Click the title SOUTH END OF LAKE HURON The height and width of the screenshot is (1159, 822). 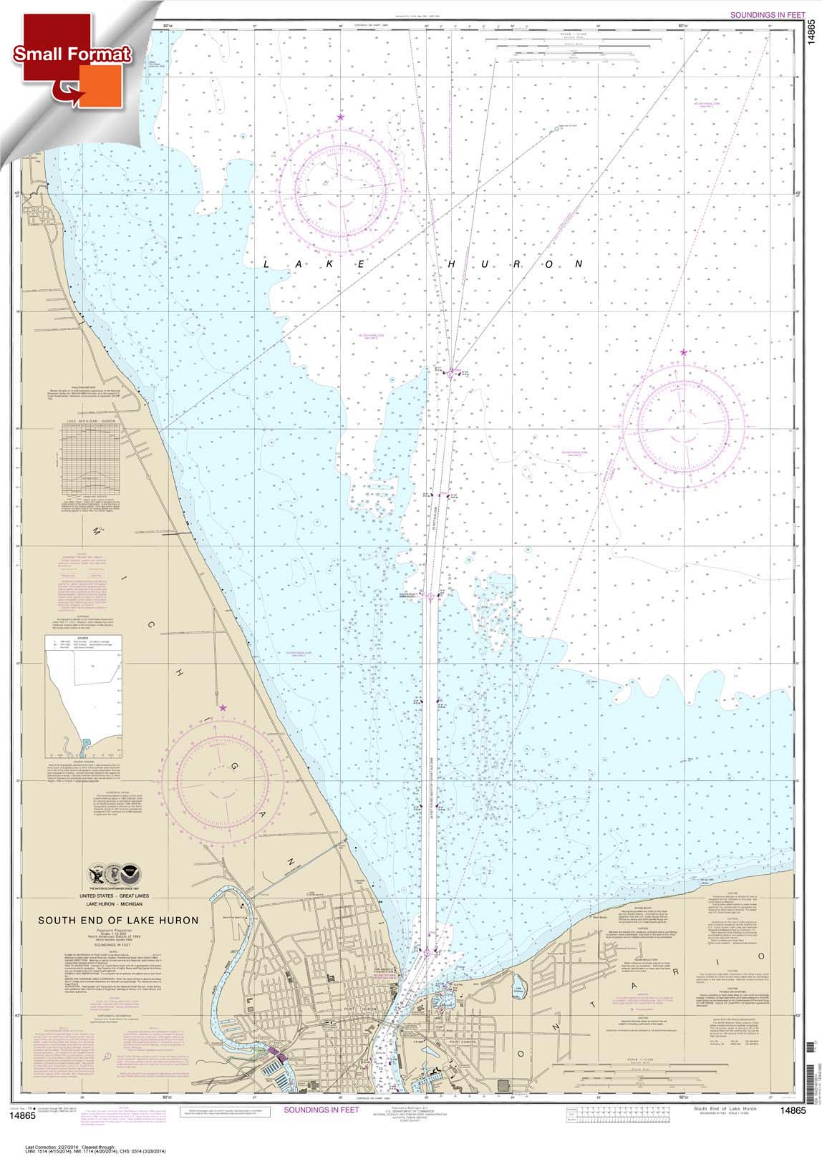118,920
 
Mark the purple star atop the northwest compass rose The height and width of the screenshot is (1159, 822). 340,117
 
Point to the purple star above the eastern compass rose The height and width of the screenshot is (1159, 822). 684,351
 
